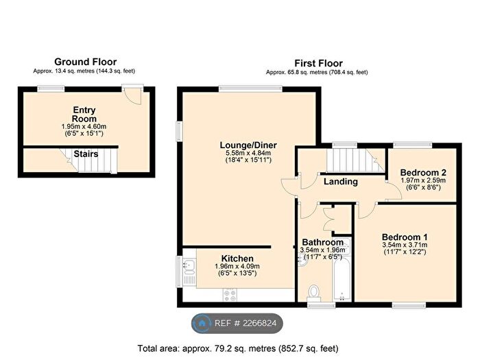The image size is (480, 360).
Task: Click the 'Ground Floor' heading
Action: (85, 62)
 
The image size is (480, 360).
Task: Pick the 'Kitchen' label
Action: (237, 259)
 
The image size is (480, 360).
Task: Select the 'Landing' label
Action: (341, 182)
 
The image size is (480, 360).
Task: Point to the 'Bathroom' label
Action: (322, 242)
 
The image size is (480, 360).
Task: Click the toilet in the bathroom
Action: (314, 292)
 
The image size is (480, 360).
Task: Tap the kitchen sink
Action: (191, 269)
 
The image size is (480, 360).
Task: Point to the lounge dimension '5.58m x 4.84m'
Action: (245, 153)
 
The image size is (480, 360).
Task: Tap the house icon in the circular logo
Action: (202, 322)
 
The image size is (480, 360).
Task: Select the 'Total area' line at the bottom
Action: (240, 348)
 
